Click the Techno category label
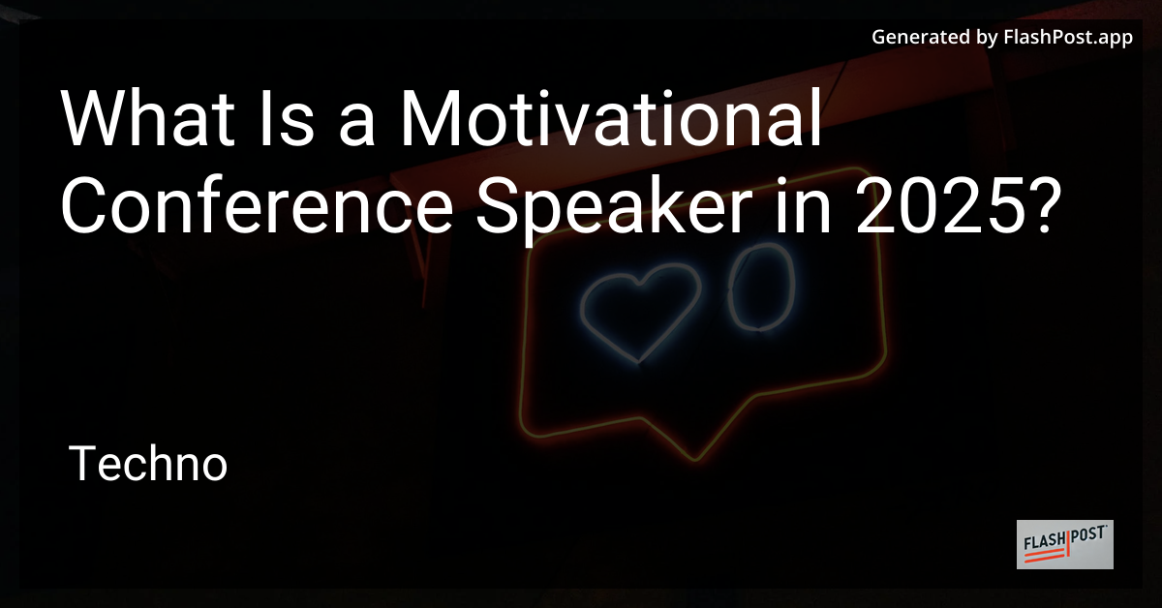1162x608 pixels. click(x=149, y=466)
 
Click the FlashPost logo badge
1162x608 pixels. click(x=1064, y=544)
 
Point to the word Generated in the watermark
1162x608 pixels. click(x=919, y=39)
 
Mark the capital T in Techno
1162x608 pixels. click(x=82, y=466)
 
